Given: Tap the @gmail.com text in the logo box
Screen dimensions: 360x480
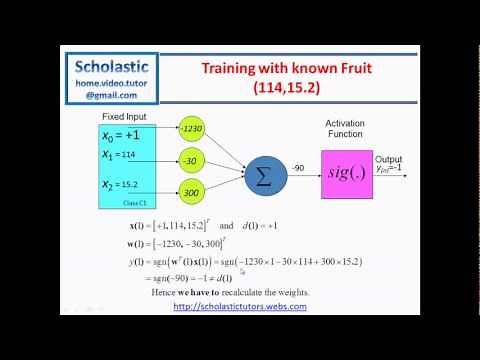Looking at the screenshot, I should click(117, 95).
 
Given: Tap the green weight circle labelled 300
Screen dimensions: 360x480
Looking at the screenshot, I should click(194, 192).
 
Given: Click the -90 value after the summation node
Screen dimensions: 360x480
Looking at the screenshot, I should click(299, 166).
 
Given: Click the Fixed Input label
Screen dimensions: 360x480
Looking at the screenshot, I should click(122, 119).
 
